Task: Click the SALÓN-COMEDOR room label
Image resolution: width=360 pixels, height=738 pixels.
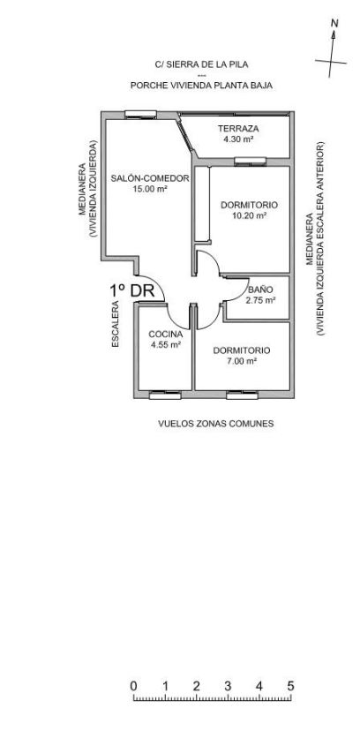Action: [150, 178]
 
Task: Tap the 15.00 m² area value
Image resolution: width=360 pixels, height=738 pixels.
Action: [151, 189]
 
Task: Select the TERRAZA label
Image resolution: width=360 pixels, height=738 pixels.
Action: [238, 129]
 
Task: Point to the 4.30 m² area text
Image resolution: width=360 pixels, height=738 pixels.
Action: [238, 139]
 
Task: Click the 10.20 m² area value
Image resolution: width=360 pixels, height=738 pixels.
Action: [249, 215]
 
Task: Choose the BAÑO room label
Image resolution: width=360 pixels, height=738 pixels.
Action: [260, 290]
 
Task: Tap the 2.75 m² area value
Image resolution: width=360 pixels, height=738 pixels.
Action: [260, 300]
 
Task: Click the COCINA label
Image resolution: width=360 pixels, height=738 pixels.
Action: [165, 335]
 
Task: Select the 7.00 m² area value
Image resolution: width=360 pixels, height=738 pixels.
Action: [242, 361]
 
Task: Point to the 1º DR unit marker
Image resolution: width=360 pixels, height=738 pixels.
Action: [132, 290]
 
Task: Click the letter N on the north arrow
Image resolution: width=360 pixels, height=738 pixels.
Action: [334, 23]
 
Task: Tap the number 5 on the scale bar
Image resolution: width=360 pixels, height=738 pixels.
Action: [290, 685]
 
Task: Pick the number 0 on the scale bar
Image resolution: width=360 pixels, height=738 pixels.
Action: [133, 685]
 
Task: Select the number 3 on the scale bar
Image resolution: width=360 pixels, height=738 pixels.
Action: [228, 685]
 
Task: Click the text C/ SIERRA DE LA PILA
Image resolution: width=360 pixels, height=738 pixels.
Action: [201, 65]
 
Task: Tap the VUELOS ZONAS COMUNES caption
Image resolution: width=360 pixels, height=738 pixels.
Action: [216, 424]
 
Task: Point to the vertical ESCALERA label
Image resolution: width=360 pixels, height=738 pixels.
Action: [116, 325]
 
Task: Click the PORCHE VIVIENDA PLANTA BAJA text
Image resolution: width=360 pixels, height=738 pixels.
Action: [201, 86]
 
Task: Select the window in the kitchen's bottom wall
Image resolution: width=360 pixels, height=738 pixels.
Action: [165, 395]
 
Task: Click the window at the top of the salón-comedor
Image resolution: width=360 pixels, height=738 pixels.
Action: [140, 115]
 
